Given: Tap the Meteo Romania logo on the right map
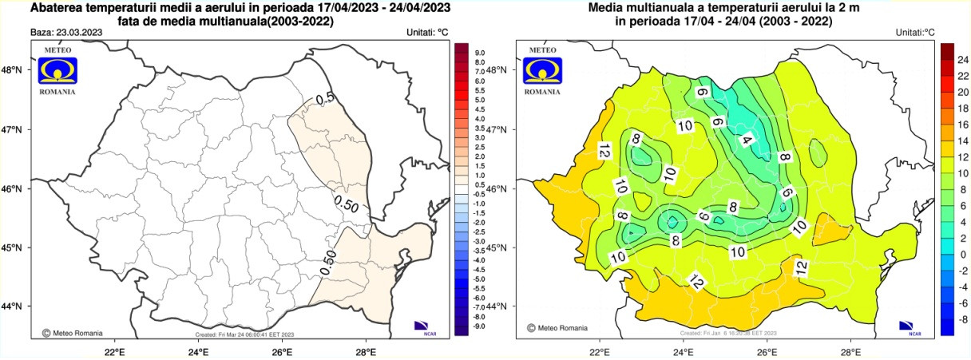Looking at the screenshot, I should pyautogui.click(x=543, y=71).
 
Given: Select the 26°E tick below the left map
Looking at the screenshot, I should pyautogui.click(x=282, y=350).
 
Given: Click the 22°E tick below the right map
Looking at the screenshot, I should pyautogui.click(x=600, y=350).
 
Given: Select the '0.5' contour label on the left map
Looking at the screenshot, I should pyautogui.click(x=325, y=99).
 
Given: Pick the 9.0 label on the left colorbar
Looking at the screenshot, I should pyautogui.click(x=480, y=53).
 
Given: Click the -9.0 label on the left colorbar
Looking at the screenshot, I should pyautogui.click(x=479, y=326).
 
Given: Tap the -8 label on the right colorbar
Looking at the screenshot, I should pyautogui.click(x=962, y=318).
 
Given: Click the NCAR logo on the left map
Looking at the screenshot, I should pyautogui.click(x=422, y=326).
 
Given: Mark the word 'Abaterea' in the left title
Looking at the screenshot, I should pyautogui.click(x=57, y=8).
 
